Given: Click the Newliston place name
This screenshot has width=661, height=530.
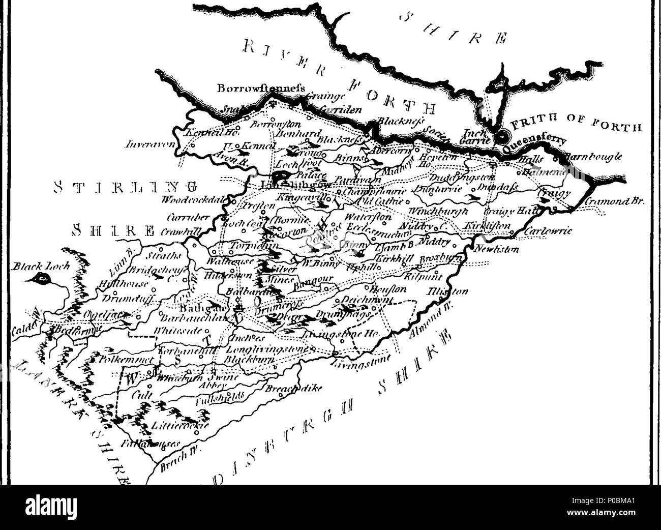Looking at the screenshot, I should (x=496, y=250).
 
